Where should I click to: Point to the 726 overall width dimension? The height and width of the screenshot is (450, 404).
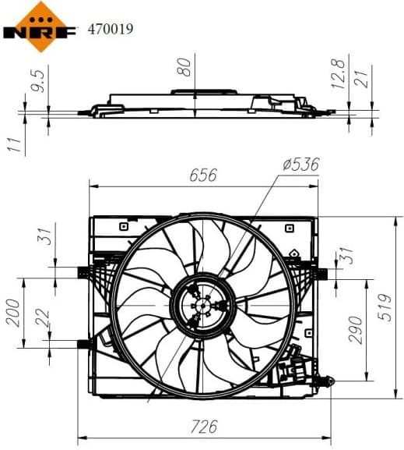203,427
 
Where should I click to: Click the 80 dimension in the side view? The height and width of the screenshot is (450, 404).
184,68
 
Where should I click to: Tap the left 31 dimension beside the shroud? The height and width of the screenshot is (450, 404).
45,235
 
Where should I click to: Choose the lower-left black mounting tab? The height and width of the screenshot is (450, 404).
83,342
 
